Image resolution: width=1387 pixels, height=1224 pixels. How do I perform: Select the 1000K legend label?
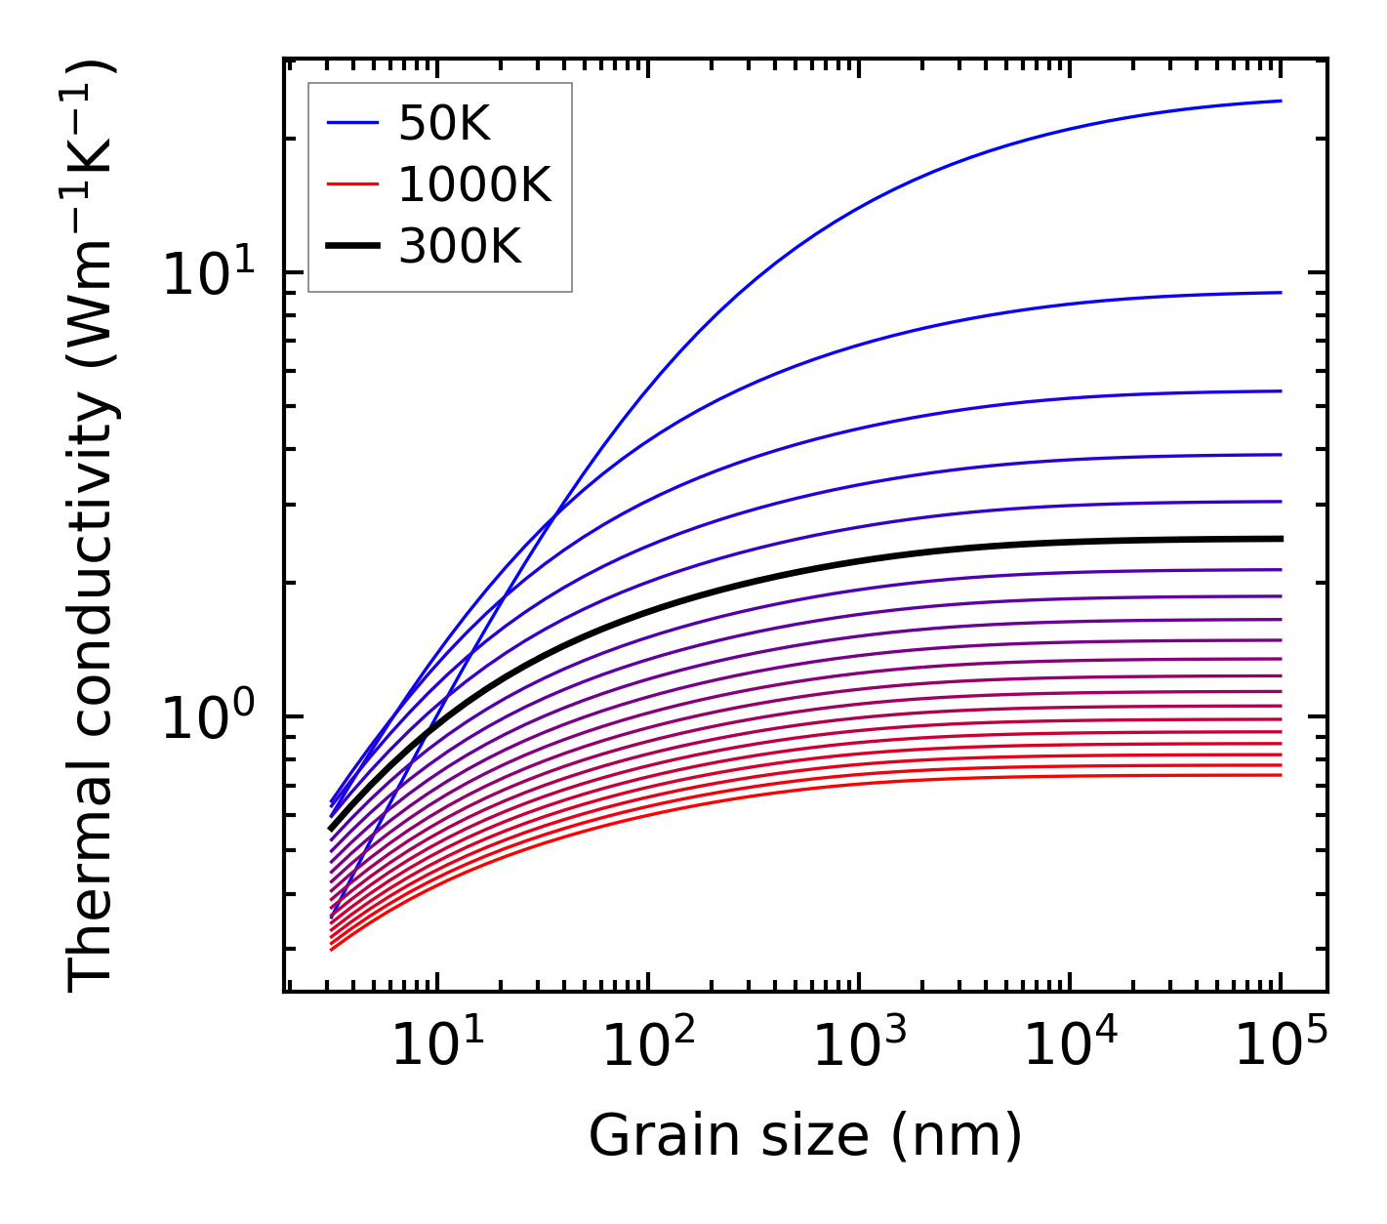(x=474, y=184)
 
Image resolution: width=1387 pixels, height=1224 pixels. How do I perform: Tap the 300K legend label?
(x=460, y=247)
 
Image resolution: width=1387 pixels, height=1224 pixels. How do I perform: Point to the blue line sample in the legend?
(x=352, y=123)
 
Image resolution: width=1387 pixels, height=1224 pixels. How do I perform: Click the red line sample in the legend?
(x=352, y=184)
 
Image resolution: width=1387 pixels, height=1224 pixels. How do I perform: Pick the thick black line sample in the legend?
(x=352, y=247)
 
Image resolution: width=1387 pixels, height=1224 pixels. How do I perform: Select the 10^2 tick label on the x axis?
(x=647, y=1046)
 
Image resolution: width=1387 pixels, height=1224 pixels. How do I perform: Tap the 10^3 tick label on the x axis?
(x=858, y=1046)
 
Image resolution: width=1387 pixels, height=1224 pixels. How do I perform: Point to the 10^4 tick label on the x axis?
(x=1070, y=1046)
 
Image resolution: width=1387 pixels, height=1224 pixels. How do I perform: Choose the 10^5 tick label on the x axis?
(x=1281, y=1046)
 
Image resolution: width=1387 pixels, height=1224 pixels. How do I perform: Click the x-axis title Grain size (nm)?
(x=805, y=1136)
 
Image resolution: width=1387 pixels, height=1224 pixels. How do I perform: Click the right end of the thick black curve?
(x=1280, y=539)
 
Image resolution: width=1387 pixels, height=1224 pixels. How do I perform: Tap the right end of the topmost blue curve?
(x=1280, y=101)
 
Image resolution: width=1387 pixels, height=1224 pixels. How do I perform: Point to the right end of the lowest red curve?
(x=1280, y=775)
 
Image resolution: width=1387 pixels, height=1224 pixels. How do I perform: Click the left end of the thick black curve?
(x=331, y=830)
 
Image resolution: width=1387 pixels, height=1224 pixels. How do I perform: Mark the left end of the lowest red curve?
(x=332, y=950)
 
